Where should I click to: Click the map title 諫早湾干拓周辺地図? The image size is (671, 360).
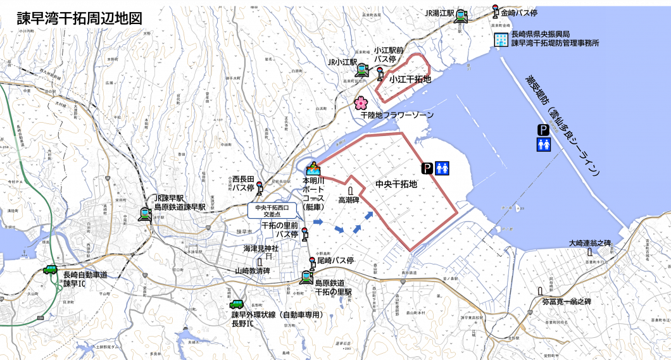79,18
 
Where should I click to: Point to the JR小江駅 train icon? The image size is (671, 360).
362,69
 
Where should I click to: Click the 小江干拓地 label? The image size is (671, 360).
410,80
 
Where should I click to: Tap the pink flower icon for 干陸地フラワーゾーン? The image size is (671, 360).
360,103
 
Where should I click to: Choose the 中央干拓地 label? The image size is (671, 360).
396,185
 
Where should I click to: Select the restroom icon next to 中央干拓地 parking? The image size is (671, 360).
442,168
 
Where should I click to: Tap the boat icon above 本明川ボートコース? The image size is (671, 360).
312,169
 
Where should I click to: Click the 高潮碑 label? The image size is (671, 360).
349,200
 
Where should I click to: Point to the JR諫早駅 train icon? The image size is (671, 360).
145,214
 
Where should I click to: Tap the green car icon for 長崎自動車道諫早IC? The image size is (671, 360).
50,270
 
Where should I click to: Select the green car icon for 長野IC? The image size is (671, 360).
236,305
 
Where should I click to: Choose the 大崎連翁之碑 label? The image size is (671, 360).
589,243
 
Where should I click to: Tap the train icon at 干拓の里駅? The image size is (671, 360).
306,276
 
